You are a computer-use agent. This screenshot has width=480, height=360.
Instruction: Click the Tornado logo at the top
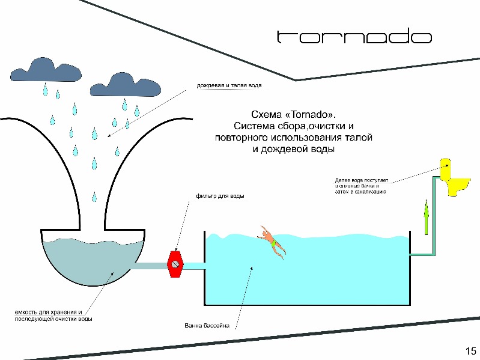click(354, 37)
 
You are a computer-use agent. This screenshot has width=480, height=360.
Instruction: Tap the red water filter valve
click(175, 263)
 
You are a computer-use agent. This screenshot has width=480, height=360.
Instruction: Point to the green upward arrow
click(426, 217)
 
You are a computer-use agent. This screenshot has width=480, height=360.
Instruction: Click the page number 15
click(470, 351)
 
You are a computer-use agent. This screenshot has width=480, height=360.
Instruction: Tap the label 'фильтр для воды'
click(220, 196)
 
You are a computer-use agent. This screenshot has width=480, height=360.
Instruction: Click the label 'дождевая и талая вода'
click(229, 85)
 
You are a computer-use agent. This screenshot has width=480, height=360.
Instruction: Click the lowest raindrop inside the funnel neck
click(94, 196)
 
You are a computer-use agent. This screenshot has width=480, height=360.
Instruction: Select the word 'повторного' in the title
click(240, 138)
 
